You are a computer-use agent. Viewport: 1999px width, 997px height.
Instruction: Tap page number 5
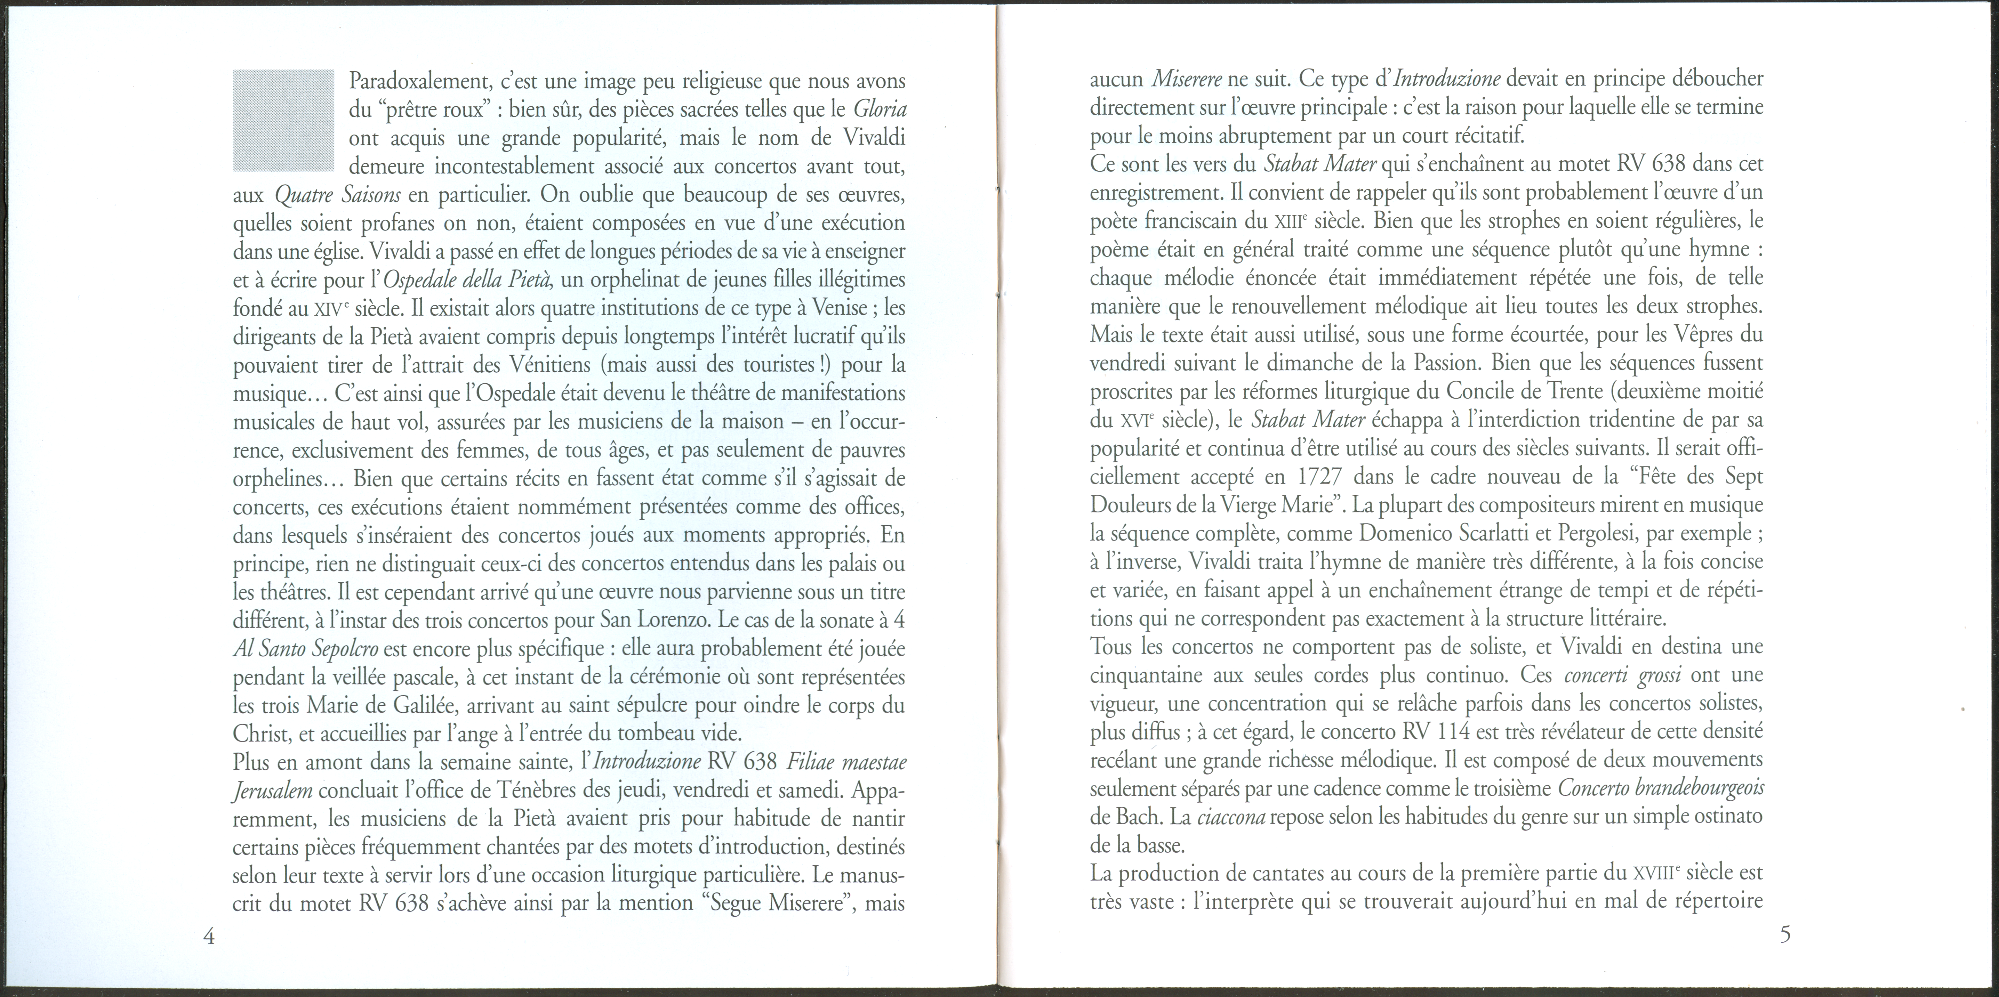click(1785, 934)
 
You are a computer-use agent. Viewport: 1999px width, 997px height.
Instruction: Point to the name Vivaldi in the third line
click(863, 138)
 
